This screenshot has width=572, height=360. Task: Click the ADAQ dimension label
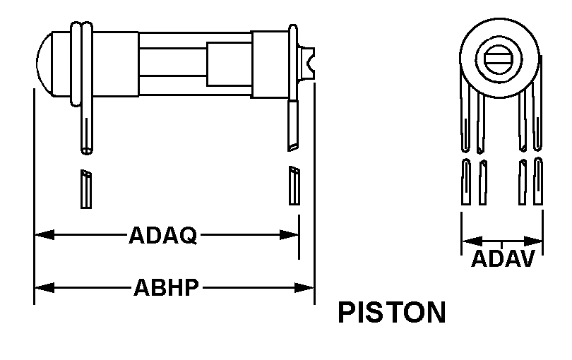click(162, 234)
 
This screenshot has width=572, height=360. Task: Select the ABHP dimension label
click(166, 287)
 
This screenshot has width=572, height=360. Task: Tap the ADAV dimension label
click(502, 258)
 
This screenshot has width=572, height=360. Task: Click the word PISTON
click(392, 313)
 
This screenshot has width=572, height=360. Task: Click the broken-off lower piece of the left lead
click(85, 188)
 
